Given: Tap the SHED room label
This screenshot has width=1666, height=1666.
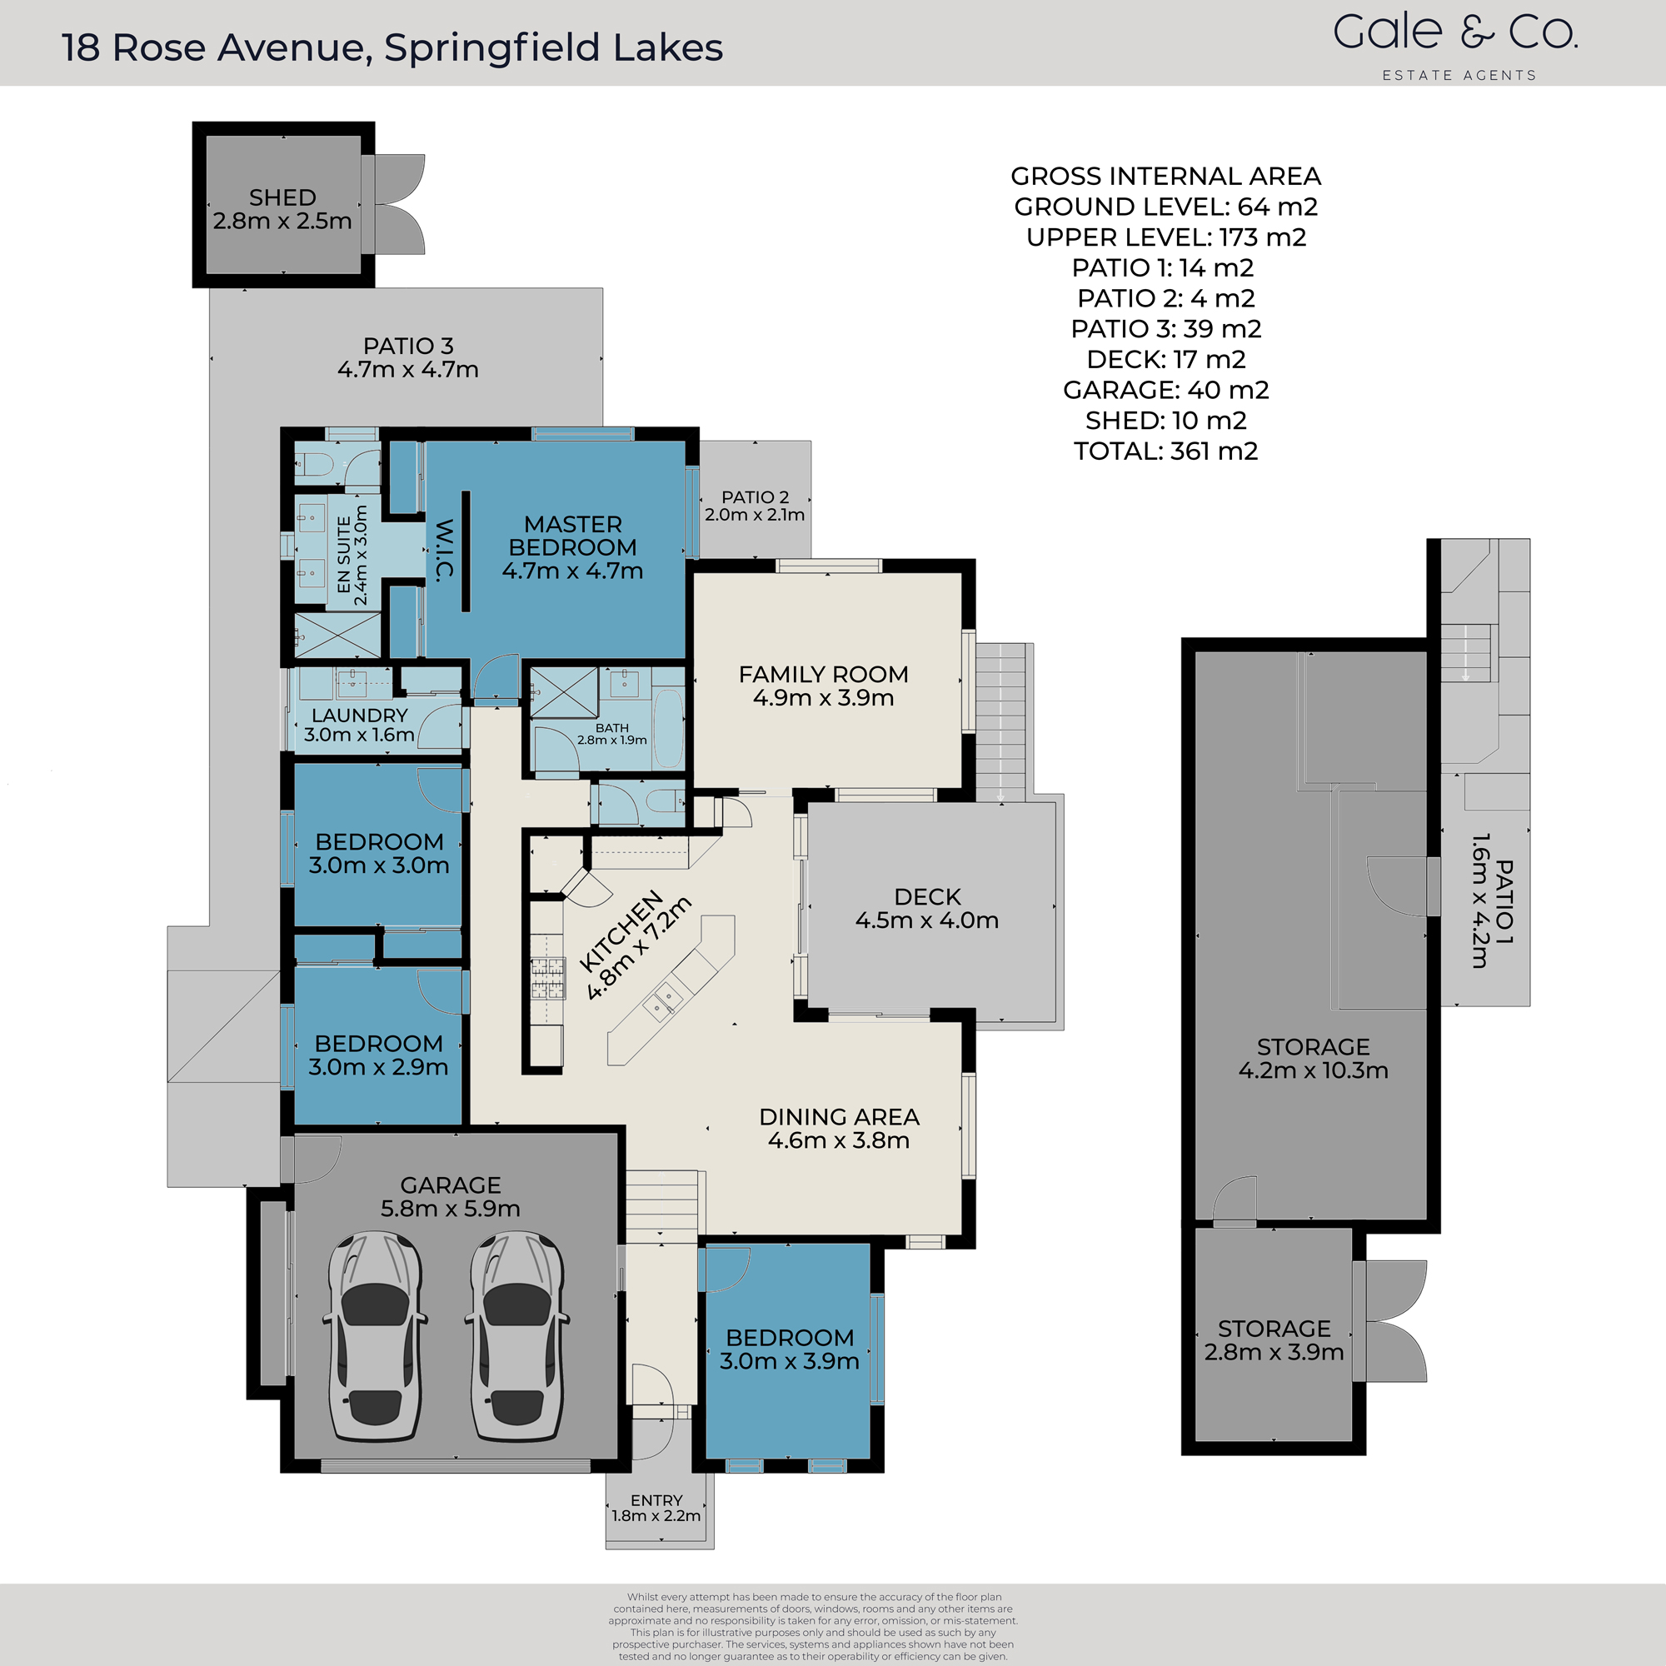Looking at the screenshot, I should [x=283, y=198].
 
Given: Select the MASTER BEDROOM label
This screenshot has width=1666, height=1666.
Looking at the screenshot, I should [x=572, y=536].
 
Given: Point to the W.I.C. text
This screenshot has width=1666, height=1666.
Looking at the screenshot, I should [x=444, y=550].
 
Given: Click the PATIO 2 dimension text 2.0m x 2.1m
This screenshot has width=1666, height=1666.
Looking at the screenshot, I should [x=755, y=515].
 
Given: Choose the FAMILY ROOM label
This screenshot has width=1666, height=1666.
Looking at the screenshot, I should [x=824, y=675].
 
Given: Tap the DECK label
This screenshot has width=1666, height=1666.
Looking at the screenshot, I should [x=927, y=897].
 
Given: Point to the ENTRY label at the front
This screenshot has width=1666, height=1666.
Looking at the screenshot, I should [x=656, y=1500].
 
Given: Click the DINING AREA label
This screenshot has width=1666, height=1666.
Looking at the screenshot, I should [x=839, y=1117].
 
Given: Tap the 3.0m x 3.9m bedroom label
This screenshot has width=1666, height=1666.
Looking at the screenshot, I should [x=789, y=1349].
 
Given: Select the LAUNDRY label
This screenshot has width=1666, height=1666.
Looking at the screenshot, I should [x=360, y=716].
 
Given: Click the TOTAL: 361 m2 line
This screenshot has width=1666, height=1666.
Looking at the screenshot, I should [x=1166, y=451].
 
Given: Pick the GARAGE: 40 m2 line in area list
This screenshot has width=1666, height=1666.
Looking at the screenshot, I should [x=1166, y=390].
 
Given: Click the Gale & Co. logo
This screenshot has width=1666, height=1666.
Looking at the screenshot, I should [x=1455, y=34].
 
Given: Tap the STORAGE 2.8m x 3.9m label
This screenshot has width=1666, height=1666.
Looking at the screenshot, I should [x=1274, y=1340].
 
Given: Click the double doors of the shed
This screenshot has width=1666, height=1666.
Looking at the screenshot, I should [x=399, y=204].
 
